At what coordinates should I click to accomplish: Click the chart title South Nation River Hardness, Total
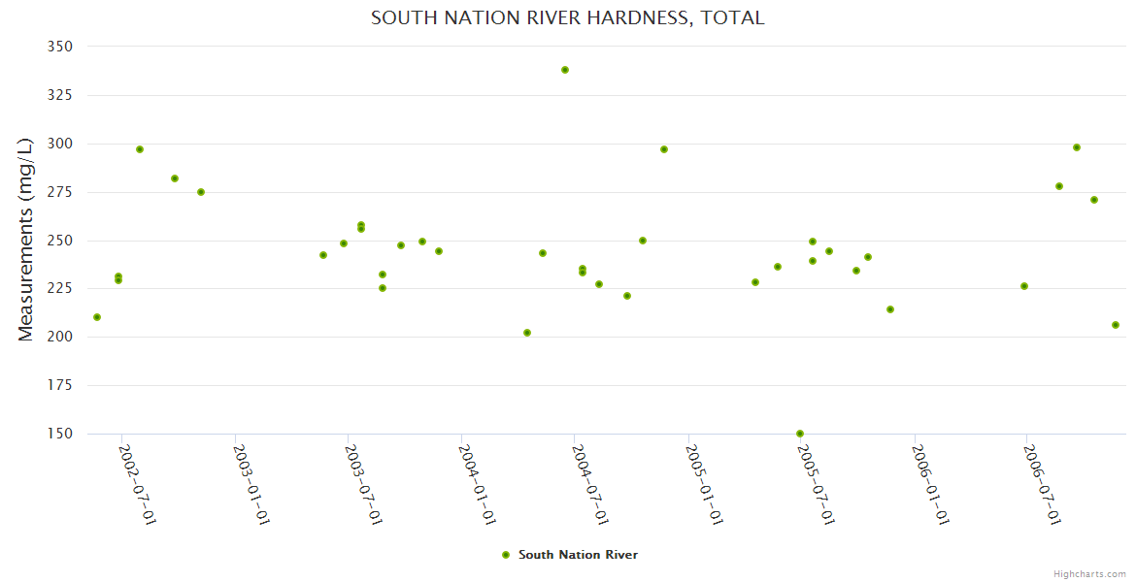[567, 17]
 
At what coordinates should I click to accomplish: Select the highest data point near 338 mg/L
[565, 70]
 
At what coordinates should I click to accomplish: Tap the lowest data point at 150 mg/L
[800, 434]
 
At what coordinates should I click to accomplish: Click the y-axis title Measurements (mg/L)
[26, 240]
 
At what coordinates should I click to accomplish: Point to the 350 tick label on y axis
[59, 47]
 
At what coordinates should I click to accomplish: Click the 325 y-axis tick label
[59, 95]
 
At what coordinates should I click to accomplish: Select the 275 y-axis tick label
[59, 192]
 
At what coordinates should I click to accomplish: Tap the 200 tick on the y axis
[59, 338]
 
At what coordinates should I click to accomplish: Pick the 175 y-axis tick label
[59, 386]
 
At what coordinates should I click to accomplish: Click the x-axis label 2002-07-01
[138, 484]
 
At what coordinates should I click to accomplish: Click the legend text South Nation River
[578, 555]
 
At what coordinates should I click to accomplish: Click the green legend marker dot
[506, 555]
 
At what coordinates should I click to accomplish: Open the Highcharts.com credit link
[1089, 573]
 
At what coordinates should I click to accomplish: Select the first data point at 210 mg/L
[97, 317]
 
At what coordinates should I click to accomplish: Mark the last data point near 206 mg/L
[1116, 325]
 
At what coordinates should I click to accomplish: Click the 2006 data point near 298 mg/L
[1077, 147]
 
